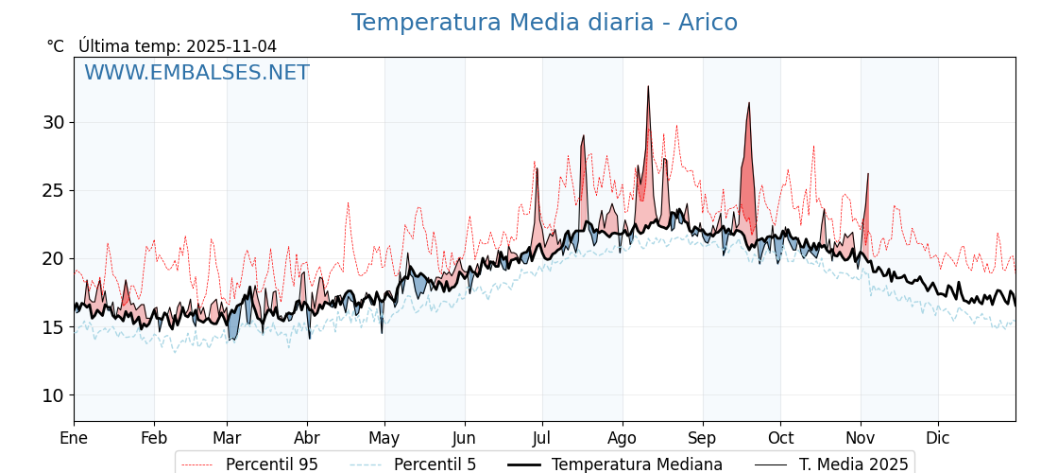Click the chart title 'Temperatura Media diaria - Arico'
click(544, 23)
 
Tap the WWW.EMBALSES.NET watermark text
click(196, 73)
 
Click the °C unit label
click(56, 46)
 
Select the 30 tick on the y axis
click(53, 122)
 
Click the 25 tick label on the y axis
click(53, 190)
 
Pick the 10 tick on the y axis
click(53, 395)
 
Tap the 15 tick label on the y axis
click(53, 327)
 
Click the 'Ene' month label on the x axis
click(74, 438)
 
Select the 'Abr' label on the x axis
click(307, 438)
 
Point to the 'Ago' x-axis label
click(623, 438)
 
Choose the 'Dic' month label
click(938, 438)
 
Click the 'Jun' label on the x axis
click(465, 438)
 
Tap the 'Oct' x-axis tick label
click(780, 438)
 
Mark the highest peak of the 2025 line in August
click(648, 87)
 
